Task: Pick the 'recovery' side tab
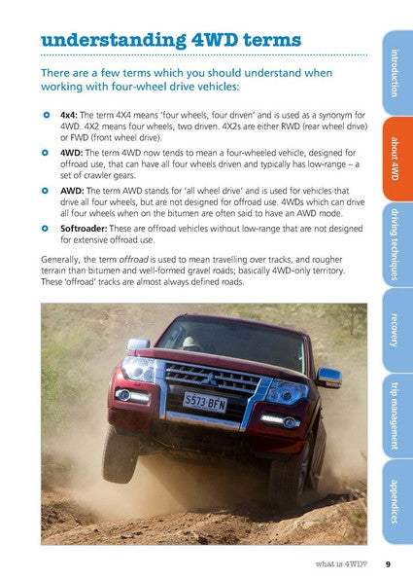coord(394,329)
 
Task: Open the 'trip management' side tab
coord(394,413)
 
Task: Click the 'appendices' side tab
coord(394,499)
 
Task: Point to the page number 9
coord(387,563)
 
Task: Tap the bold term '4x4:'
coord(70,115)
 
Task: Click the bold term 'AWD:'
coord(72,191)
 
